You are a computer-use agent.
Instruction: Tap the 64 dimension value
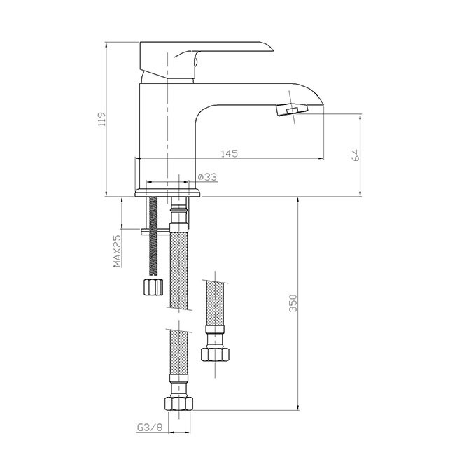[356, 155]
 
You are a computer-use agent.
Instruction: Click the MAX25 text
[118, 252]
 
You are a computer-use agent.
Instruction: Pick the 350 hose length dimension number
[295, 302]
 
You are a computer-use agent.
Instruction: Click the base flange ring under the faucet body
[168, 190]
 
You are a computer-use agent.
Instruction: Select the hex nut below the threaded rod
[152, 287]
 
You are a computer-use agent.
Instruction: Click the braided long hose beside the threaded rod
[178, 273]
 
